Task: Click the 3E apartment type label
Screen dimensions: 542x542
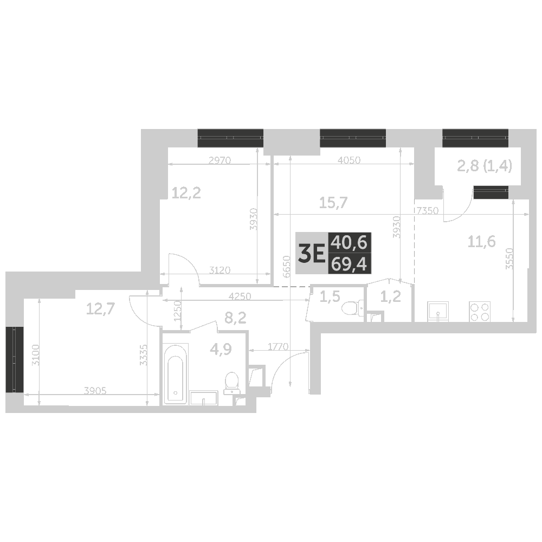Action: (x=312, y=253)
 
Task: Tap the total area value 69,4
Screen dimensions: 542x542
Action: (x=349, y=264)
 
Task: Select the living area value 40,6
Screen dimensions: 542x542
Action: (x=349, y=243)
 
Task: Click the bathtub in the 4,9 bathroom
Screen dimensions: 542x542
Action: (x=176, y=373)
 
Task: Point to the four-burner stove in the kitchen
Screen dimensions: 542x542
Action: (x=480, y=312)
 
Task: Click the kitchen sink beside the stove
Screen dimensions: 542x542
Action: (x=438, y=312)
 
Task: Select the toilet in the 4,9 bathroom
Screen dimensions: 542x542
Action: (x=231, y=383)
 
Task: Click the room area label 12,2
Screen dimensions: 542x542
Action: (x=186, y=193)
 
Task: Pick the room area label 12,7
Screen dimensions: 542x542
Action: (x=100, y=308)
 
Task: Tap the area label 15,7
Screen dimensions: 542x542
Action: (x=333, y=203)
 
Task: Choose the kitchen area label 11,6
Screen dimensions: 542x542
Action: (x=481, y=241)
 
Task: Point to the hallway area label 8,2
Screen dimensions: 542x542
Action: (x=235, y=317)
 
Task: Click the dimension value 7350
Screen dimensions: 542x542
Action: (x=428, y=210)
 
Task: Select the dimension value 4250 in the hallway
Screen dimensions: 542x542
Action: (x=240, y=296)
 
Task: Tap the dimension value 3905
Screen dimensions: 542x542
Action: (x=95, y=391)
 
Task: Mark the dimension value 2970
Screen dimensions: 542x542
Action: (x=220, y=160)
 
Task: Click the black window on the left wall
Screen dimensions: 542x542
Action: (x=15, y=359)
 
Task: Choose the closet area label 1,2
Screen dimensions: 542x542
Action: (x=390, y=296)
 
